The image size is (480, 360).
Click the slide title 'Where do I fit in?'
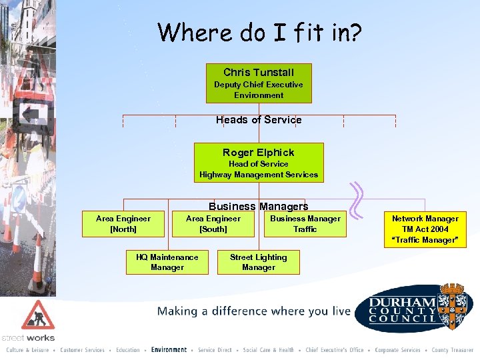point(259,32)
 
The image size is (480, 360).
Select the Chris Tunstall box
point(259,83)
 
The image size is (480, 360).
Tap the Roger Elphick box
point(259,163)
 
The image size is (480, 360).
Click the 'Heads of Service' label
point(259,120)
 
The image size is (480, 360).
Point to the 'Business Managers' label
point(259,207)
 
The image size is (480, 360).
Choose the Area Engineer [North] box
point(123,224)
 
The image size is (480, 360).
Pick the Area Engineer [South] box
point(213,224)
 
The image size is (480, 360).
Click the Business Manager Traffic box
point(305,224)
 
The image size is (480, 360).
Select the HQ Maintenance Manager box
point(167,262)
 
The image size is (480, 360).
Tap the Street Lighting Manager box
point(259,262)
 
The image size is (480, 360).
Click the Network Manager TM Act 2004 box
point(425,229)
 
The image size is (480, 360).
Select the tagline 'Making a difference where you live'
point(254,311)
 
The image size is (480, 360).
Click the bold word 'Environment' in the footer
point(169,350)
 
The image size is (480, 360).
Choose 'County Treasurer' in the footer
point(452,350)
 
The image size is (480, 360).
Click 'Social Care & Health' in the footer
point(269,350)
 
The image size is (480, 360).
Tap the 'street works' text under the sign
point(28,338)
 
